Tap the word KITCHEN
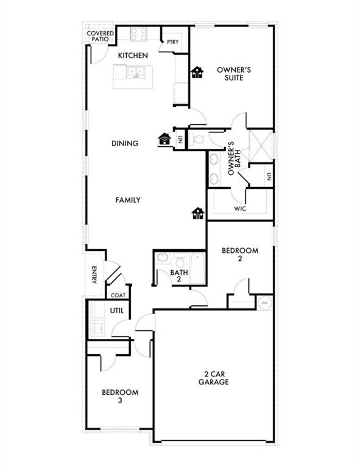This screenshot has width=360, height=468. click(133, 56)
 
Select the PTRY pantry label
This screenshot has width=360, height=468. click(172, 43)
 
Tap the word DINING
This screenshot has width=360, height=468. click(125, 143)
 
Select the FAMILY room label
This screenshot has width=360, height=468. click(129, 200)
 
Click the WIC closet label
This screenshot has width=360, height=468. click(239, 209)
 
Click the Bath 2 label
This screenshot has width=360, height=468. click(178, 276)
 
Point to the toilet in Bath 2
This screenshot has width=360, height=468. click(163, 259)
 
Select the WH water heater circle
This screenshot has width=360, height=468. click(265, 302)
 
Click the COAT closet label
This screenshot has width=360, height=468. click(117, 295)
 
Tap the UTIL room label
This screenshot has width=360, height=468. click(116, 311)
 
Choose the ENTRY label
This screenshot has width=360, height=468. click(94, 275)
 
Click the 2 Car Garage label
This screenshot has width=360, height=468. click(213, 378)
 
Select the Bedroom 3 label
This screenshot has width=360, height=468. click(119, 396)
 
